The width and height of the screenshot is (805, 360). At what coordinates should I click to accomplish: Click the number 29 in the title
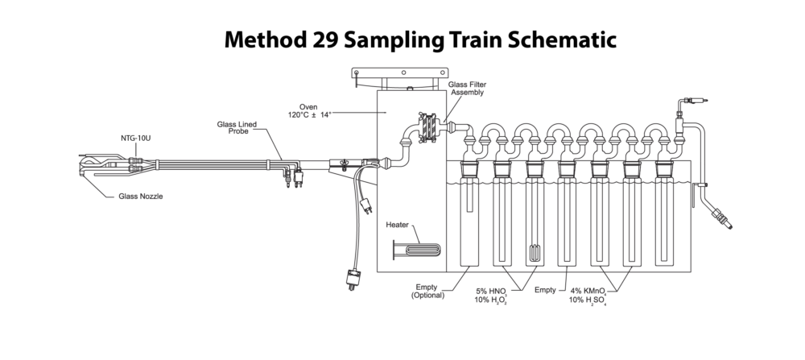(324, 39)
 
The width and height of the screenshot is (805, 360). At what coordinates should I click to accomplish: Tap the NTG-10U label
(135, 139)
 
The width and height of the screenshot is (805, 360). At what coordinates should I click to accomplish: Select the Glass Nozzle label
(141, 197)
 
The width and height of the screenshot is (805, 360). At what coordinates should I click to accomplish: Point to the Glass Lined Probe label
(237, 128)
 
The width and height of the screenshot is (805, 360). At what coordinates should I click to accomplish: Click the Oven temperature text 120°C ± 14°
(310, 114)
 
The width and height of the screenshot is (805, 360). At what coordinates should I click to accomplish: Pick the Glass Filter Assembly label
(467, 89)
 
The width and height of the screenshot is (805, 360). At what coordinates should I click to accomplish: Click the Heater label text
(398, 225)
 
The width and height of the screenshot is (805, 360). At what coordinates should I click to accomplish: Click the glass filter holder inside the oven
(427, 127)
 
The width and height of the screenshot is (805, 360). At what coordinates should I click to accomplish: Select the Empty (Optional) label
(427, 292)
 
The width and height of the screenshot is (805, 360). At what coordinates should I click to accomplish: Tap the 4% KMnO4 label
(588, 291)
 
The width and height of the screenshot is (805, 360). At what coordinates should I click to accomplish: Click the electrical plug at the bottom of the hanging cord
(352, 279)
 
